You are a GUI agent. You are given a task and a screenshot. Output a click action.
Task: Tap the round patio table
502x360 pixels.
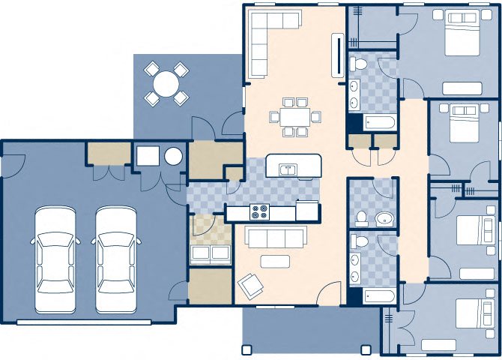166,82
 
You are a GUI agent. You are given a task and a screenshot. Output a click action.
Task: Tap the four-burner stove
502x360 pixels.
260,212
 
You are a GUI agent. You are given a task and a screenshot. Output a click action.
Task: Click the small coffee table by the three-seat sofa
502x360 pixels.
275,261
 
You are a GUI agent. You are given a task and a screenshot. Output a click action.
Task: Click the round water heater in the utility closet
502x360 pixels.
173,157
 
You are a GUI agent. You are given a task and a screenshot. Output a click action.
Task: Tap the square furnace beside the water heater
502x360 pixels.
146,156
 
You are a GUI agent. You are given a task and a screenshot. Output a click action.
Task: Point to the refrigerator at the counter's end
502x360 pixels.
307,209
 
